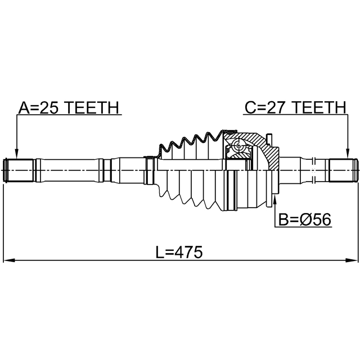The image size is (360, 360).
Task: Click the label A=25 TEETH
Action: [68, 107]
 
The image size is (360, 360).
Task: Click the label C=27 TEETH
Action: [294, 107]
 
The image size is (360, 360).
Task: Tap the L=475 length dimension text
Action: [178, 253]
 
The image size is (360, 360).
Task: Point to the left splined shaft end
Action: [19, 170]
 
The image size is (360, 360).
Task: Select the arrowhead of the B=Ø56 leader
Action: [274, 199]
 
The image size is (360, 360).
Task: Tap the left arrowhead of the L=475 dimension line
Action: [9, 260]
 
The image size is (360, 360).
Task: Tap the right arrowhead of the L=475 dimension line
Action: [352, 260]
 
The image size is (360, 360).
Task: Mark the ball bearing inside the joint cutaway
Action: [238, 147]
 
